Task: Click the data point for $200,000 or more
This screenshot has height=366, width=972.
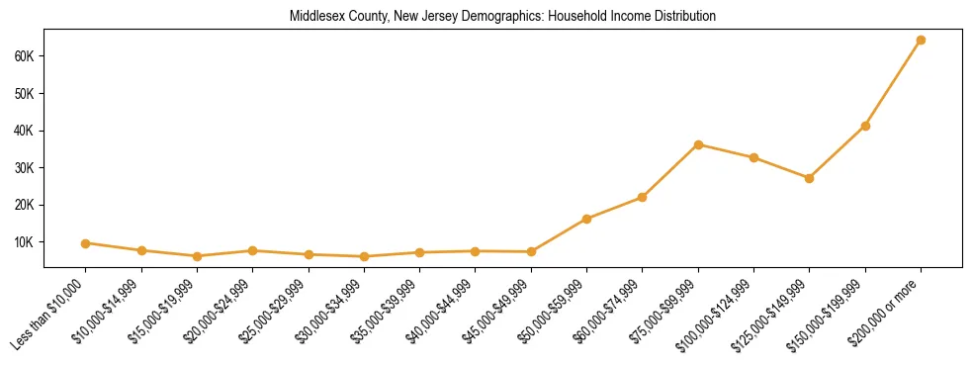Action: (921, 41)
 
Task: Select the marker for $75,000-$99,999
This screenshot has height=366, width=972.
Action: (698, 144)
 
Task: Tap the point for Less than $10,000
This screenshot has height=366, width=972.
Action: (86, 243)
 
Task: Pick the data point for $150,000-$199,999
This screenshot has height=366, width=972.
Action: (865, 126)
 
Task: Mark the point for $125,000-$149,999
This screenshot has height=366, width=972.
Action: (809, 178)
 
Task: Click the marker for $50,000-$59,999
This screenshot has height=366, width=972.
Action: (586, 219)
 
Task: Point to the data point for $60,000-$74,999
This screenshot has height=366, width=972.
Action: (642, 198)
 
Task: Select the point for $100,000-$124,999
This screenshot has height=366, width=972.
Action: (753, 157)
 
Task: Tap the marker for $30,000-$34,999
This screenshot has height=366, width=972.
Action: (364, 257)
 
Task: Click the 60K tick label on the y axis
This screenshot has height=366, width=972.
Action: (26, 56)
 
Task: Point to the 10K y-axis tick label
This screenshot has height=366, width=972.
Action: (26, 242)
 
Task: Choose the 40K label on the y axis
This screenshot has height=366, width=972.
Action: (26, 131)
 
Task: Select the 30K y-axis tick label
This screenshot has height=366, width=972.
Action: (26, 168)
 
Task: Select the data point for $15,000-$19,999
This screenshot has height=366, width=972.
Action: (197, 256)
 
